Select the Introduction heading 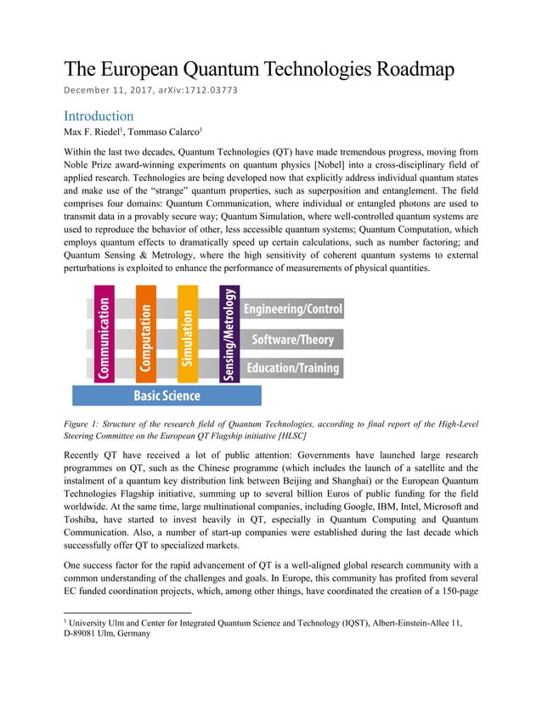(99, 116)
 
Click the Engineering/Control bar (292, 309)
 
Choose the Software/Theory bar (292, 339)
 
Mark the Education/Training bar (292, 368)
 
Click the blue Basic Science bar (167, 395)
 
